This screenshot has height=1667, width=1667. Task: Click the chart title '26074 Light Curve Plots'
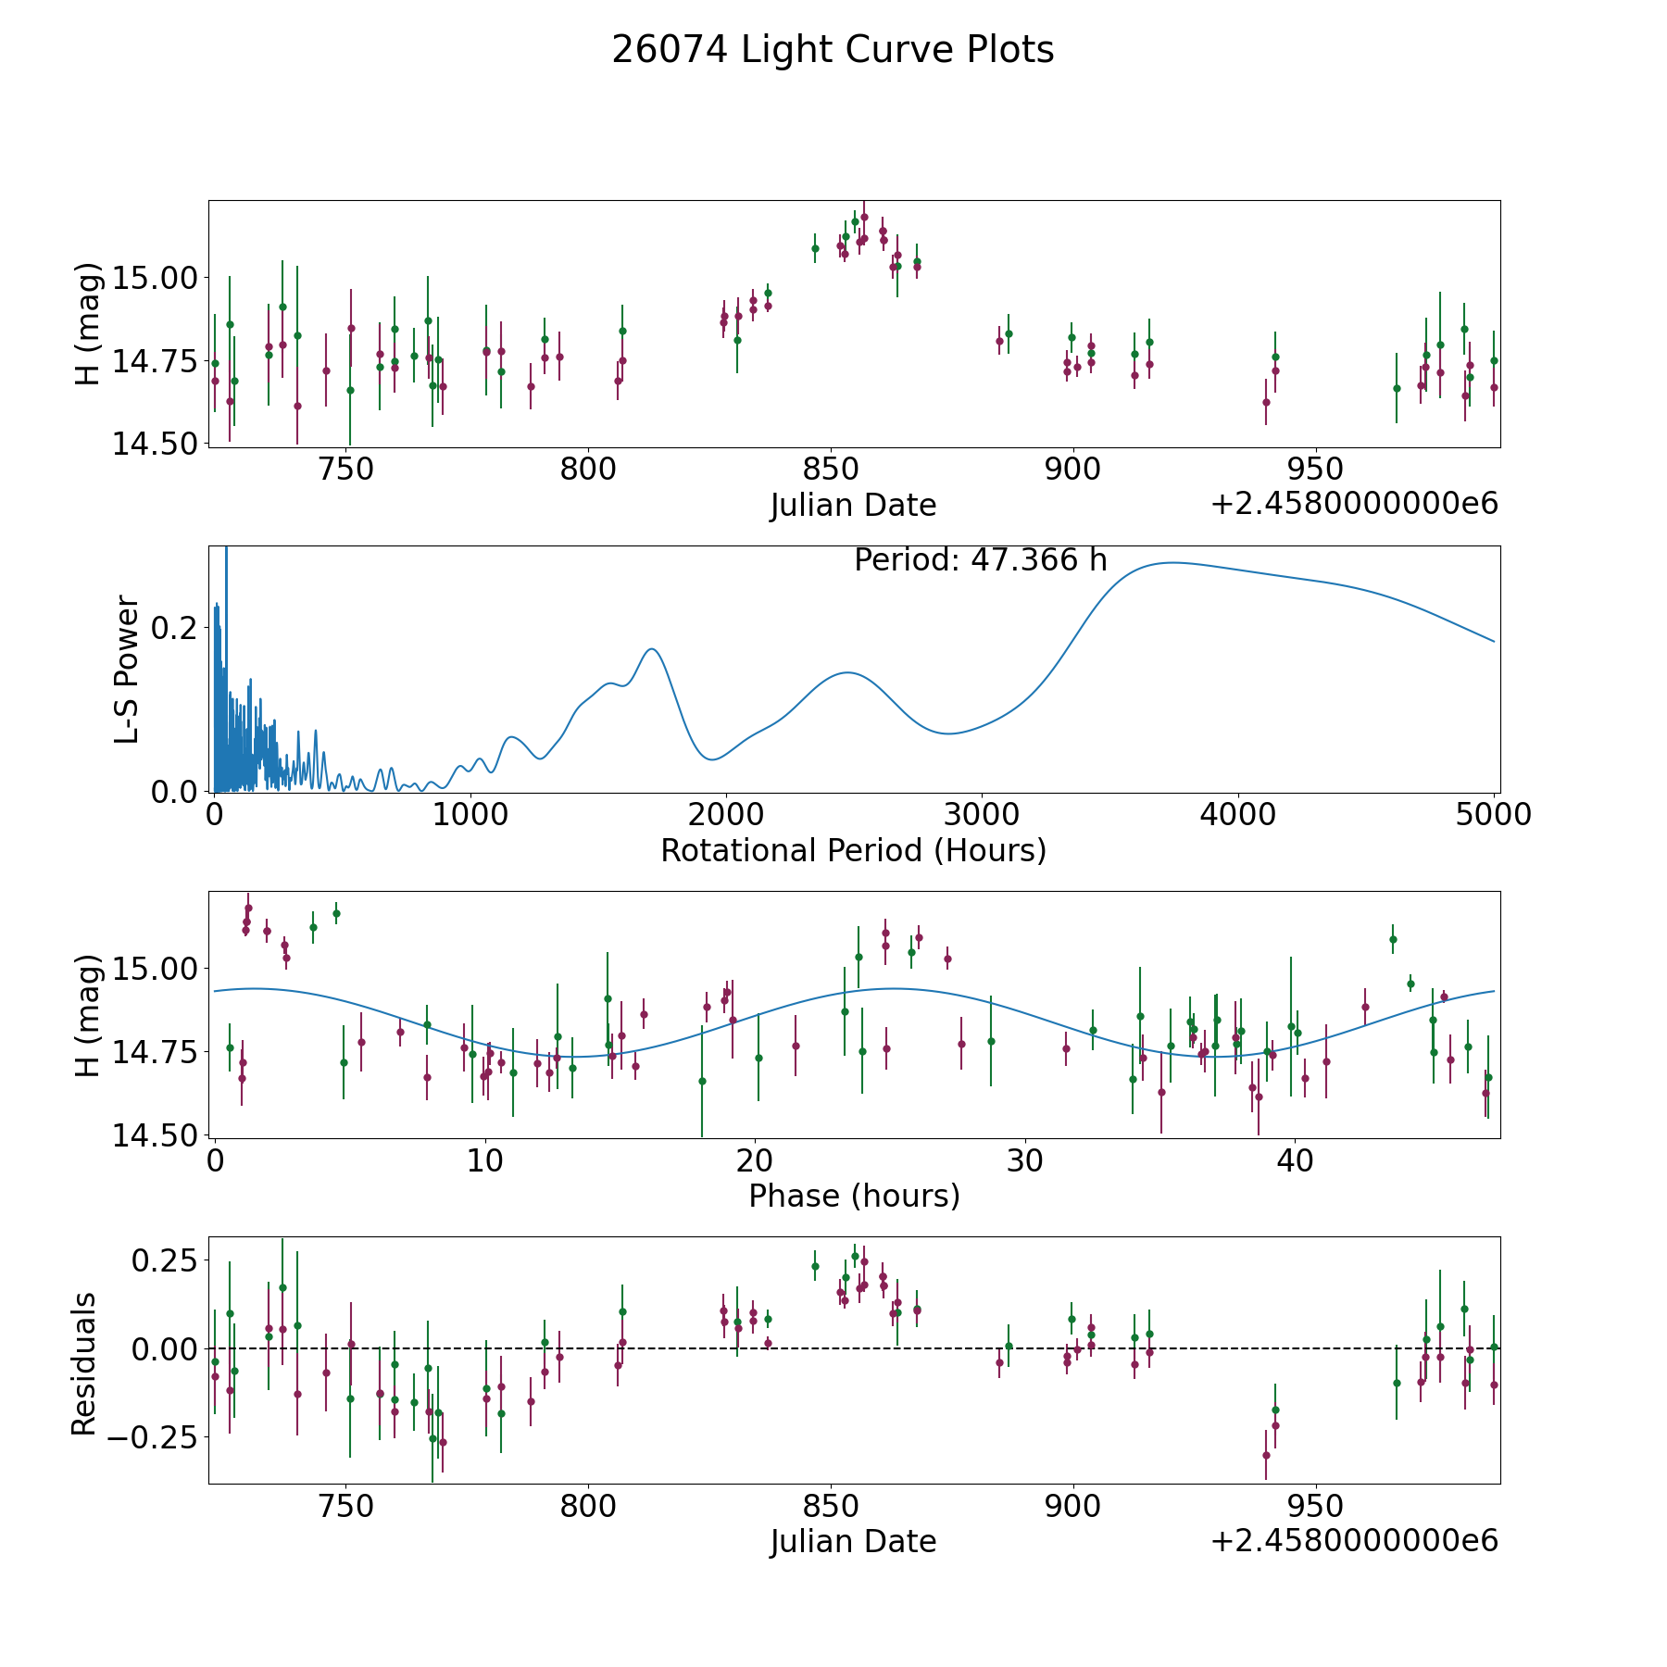coord(833,50)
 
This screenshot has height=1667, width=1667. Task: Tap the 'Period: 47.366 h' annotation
coord(981,560)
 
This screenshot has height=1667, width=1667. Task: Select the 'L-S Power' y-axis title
coord(127,669)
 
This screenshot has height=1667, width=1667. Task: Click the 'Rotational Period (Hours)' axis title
coord(853,850)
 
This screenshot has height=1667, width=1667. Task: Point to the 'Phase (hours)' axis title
coord(854,1196)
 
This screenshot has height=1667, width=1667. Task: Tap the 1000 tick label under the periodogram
coord(470,815)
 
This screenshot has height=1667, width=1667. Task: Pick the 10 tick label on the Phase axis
coord(484,1160)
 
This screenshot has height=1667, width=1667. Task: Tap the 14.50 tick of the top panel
coord(156,444)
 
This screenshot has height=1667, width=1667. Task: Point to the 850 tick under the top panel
coord(831,470)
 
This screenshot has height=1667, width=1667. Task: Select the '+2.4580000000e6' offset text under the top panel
coord(1354,504)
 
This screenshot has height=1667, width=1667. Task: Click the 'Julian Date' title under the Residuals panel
coord(853,1541)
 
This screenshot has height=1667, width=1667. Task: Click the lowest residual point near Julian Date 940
coord(1266,1455)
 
